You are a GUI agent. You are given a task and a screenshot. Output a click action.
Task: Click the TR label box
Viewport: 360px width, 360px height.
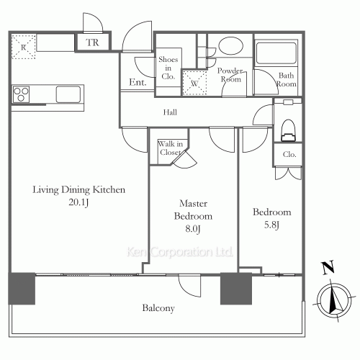[93, 42]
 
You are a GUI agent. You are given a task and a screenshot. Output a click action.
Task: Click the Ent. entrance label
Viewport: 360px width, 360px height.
[138, 84]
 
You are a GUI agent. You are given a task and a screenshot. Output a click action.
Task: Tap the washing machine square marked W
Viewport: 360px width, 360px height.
[192, 82]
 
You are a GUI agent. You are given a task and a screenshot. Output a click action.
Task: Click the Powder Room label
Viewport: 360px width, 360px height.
[231, 76]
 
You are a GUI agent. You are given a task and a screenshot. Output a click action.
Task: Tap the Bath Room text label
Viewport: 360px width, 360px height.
[287, 80]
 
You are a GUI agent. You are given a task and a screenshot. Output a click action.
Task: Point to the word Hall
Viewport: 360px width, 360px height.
[170, 112]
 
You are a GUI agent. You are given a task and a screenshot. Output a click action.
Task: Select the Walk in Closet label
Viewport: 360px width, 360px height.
[170, 148]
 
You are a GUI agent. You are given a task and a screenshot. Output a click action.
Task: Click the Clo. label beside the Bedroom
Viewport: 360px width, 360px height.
[289, 155]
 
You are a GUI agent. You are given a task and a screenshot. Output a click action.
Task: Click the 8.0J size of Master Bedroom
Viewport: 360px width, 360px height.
[192, 228]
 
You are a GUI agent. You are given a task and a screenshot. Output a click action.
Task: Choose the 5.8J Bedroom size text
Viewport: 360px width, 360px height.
[271, 225]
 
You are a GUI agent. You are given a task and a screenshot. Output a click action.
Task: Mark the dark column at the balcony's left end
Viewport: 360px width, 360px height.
[22, 289]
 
